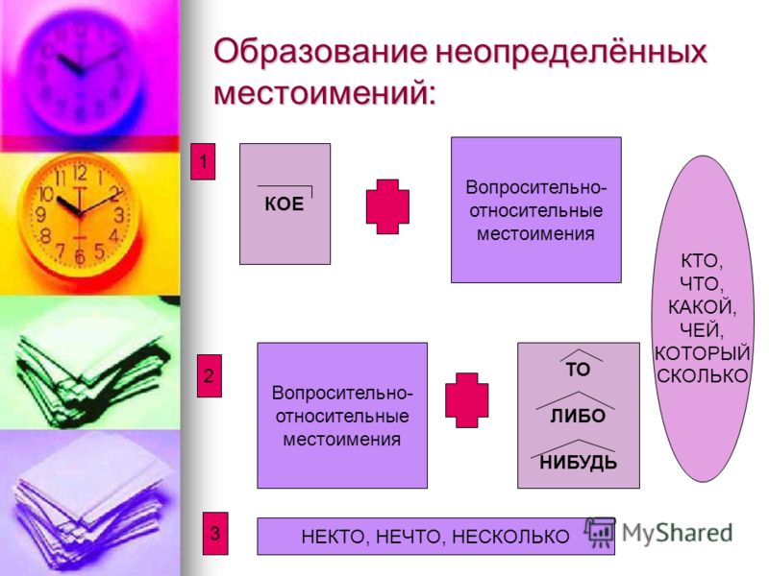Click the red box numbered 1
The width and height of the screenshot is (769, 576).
click(203, 161)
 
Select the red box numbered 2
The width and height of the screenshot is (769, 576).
click(210, 375)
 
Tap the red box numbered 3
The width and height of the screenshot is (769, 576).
click(215, 533)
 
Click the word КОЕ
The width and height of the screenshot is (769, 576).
click(284, 204)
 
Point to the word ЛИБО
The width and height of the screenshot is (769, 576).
click(578, 417)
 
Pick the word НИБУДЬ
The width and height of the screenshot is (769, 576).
click(579, 463)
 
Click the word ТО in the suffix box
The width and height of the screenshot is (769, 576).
click(578, 370)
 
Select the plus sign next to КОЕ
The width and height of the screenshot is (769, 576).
click(387, 206)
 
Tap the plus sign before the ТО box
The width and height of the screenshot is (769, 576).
click(466, 400)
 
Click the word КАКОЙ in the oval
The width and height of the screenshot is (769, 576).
click(702, 307)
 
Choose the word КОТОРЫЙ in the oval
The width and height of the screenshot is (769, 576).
click(702, 353)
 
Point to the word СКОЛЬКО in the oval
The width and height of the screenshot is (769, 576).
click(703, 375)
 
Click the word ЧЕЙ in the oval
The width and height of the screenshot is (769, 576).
click(702, 330)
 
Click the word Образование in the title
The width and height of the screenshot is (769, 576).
click(321, 51)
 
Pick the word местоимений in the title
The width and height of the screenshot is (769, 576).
click(325, 92)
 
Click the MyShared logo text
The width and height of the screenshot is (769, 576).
click(678, 533)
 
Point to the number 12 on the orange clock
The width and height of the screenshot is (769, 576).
click(80, 173)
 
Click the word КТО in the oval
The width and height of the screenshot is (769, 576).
click(702, 261)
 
